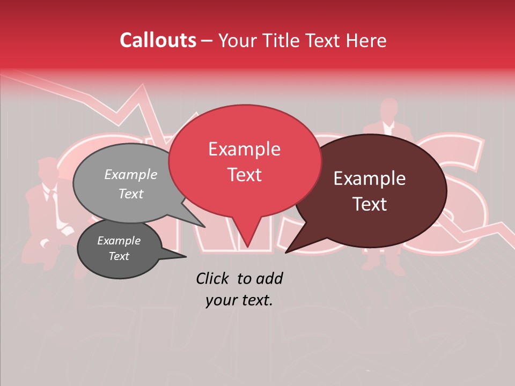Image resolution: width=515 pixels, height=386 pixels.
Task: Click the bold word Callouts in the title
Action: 158,40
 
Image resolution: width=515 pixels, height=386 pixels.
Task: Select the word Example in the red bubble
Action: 244,149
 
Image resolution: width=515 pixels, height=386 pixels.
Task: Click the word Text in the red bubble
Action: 244,174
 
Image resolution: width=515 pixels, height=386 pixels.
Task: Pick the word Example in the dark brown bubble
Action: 370,179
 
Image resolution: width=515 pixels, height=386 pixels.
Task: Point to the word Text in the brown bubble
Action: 370,204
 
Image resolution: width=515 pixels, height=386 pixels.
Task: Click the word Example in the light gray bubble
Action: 130,175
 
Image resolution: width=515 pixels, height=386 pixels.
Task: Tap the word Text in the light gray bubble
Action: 130,194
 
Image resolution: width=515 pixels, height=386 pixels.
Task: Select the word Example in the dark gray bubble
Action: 119,241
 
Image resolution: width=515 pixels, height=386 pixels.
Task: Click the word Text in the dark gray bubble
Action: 119,256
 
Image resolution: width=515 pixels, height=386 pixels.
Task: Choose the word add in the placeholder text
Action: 270,278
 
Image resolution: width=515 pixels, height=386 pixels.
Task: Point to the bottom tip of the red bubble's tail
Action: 247,247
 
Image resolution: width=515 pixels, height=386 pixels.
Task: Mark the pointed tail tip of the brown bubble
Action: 286,253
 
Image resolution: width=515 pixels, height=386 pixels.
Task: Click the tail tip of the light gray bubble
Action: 204,227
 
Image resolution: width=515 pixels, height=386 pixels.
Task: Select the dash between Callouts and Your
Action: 207,41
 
